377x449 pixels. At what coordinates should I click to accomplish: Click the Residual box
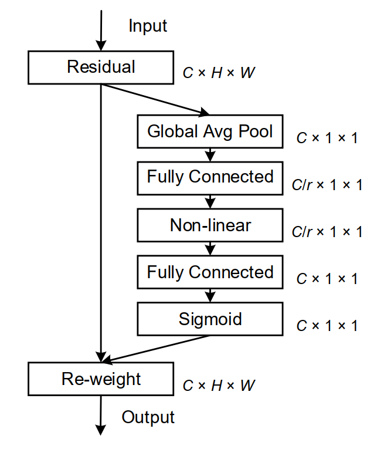pos(101,67)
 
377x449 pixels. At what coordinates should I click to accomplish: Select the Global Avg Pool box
pos(210,131)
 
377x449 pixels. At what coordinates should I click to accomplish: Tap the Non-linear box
pos(210,225)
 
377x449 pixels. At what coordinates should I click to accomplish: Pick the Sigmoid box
pos(210,319)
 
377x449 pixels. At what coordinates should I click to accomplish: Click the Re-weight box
pos(101,379)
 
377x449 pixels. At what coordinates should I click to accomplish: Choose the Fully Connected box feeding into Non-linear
pos(210,177)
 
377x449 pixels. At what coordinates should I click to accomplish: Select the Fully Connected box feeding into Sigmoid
pos(210,272)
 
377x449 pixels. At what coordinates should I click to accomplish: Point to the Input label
pos(148,26)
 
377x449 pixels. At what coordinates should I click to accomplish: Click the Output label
pos(148,417)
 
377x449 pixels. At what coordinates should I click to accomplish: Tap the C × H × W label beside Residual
pos(219,73)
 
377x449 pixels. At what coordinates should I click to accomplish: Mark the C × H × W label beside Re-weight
pos(219,386)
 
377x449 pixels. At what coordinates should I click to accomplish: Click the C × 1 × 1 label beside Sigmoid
pos(327,326)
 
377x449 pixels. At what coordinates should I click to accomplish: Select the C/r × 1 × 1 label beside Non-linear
pos(327,232)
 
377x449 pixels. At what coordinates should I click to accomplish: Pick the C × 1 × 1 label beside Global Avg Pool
pos(327,138)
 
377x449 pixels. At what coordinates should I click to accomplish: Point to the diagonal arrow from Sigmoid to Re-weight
pos(155,347)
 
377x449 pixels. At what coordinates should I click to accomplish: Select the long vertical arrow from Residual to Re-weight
pos(101,223)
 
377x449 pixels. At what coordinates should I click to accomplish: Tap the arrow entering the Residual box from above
pos(101,29)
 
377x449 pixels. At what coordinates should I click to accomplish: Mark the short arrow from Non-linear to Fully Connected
pos(210,248)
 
